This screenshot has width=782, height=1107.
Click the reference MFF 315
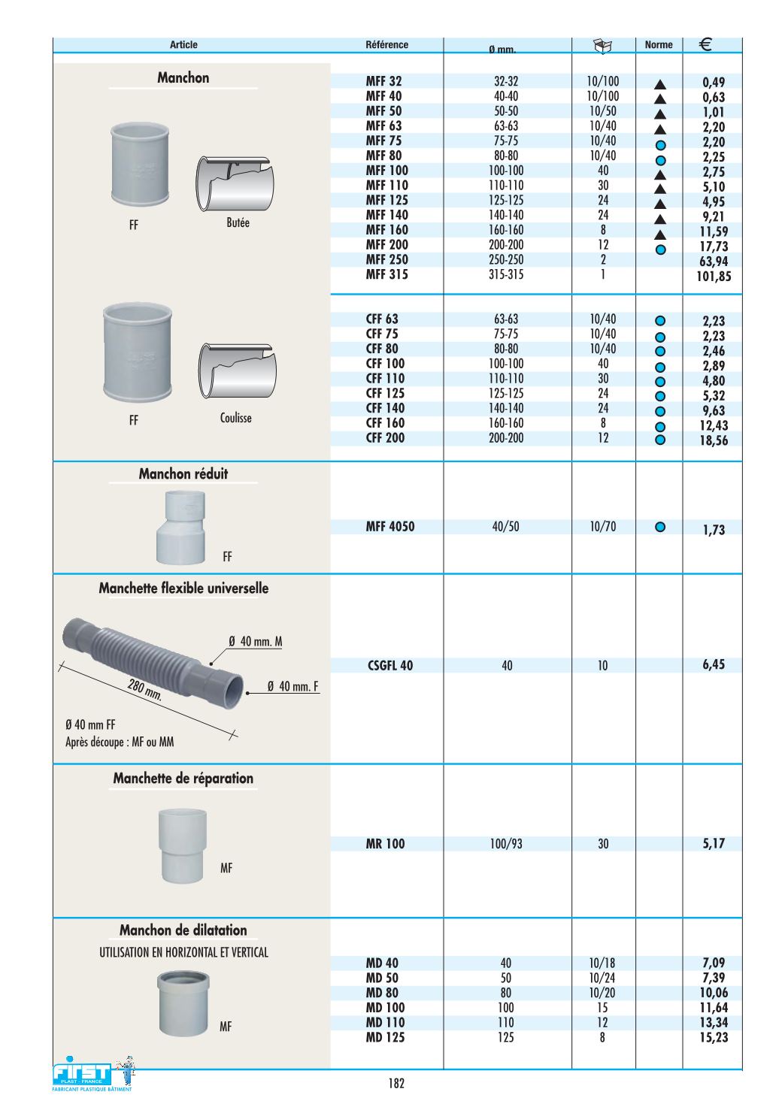[386, 275]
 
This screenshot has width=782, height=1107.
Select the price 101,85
[713, 277]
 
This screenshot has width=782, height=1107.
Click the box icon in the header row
[603, 46]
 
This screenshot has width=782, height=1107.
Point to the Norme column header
[659, 45]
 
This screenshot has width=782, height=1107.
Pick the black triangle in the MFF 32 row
[660, 83]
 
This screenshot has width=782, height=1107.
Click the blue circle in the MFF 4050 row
[660, 528]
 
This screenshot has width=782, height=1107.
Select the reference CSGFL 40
[390, 666]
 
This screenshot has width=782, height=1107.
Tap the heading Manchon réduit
[183, 474]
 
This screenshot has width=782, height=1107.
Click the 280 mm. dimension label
[144, 689]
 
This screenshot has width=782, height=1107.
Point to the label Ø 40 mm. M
[256, 642]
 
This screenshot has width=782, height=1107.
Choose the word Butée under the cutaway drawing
[238, 223]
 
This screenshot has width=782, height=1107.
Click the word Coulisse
[236, 419]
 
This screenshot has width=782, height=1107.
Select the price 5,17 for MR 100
[714, 844]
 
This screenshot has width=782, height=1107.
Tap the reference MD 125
[385, 1038]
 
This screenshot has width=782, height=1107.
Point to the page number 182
[396, 1084]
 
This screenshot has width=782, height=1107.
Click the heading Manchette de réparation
[183, 779]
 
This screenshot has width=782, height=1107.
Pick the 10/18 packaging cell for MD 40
[602, 963]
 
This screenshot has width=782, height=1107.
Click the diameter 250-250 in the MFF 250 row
[506, 260]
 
